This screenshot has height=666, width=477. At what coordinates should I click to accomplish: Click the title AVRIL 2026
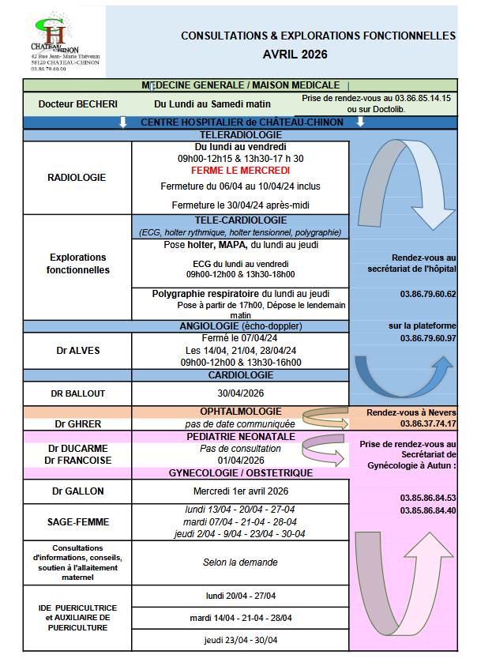295,55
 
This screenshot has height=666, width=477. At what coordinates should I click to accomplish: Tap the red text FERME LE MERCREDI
240,171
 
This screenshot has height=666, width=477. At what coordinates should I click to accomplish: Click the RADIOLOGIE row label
77,178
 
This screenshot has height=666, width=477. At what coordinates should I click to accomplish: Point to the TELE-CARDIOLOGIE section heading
240,220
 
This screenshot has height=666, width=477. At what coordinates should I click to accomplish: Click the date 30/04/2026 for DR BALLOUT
240,393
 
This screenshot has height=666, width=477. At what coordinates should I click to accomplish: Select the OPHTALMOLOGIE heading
240,412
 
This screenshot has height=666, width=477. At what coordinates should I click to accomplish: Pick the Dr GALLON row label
77,491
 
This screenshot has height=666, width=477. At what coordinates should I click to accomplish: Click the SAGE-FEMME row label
77,521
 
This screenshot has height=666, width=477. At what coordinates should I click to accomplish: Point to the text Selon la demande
240,563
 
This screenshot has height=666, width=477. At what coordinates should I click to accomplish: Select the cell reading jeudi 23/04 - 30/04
240,640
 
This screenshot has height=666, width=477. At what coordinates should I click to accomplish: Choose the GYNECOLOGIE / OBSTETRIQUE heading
240,473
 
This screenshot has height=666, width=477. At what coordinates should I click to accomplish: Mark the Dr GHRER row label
77,423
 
